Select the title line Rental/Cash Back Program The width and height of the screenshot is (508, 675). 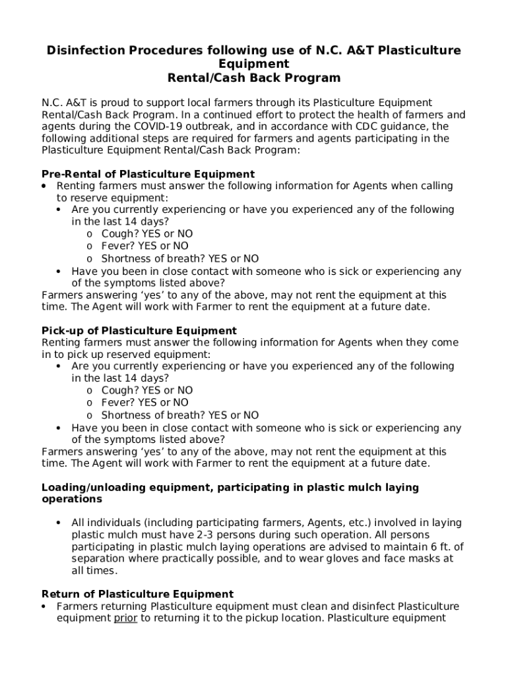pyautogui.click(x=253, y=78)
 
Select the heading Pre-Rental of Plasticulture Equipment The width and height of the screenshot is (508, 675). pyautogui.click(x=148, y=174)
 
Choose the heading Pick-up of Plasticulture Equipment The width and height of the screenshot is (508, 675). pyautogui.click(x=139, y=330)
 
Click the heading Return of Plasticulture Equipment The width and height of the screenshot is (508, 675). pyautogui.click(x=137, y=594)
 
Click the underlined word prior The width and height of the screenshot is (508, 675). pyautogui.click(x=125, y=618)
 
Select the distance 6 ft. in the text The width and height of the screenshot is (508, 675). pyautogui.click(x=440, y=546)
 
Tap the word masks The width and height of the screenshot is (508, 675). pyautogui.click(x=431, y=558)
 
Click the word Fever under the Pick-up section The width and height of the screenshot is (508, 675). pyautogui.click(x=116, y=403)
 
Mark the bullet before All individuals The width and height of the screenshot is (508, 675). pyautogui.click(x=58, y=523)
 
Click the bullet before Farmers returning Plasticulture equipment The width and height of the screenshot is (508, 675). pyautogui.click(x=44, y=606)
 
